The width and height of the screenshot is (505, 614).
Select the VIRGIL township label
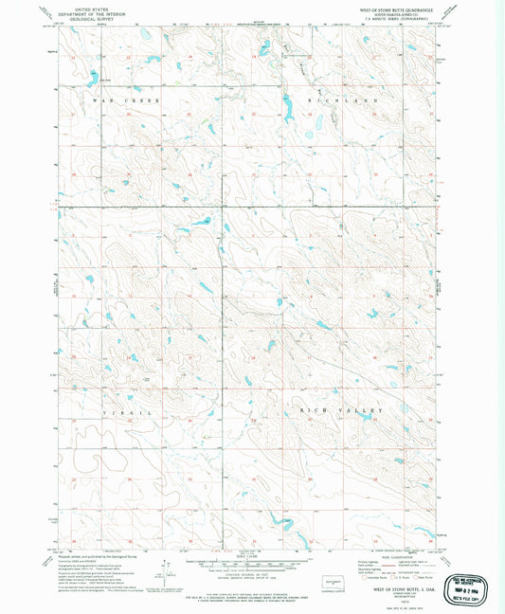tap(131, 414)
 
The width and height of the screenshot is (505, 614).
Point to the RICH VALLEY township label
tap(341, 409)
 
